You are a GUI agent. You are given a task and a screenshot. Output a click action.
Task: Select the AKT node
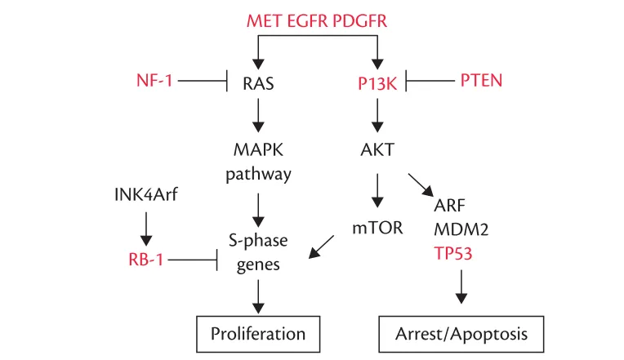[377, 150]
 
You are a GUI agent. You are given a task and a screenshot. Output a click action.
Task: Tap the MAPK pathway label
[258, 162]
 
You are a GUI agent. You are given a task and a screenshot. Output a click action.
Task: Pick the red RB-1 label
[147, 260]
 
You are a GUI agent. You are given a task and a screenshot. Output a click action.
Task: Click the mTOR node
[377, 228]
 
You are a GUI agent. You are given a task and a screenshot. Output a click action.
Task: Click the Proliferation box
[258, 333]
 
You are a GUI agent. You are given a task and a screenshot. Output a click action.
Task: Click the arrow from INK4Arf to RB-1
[146, 229]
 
